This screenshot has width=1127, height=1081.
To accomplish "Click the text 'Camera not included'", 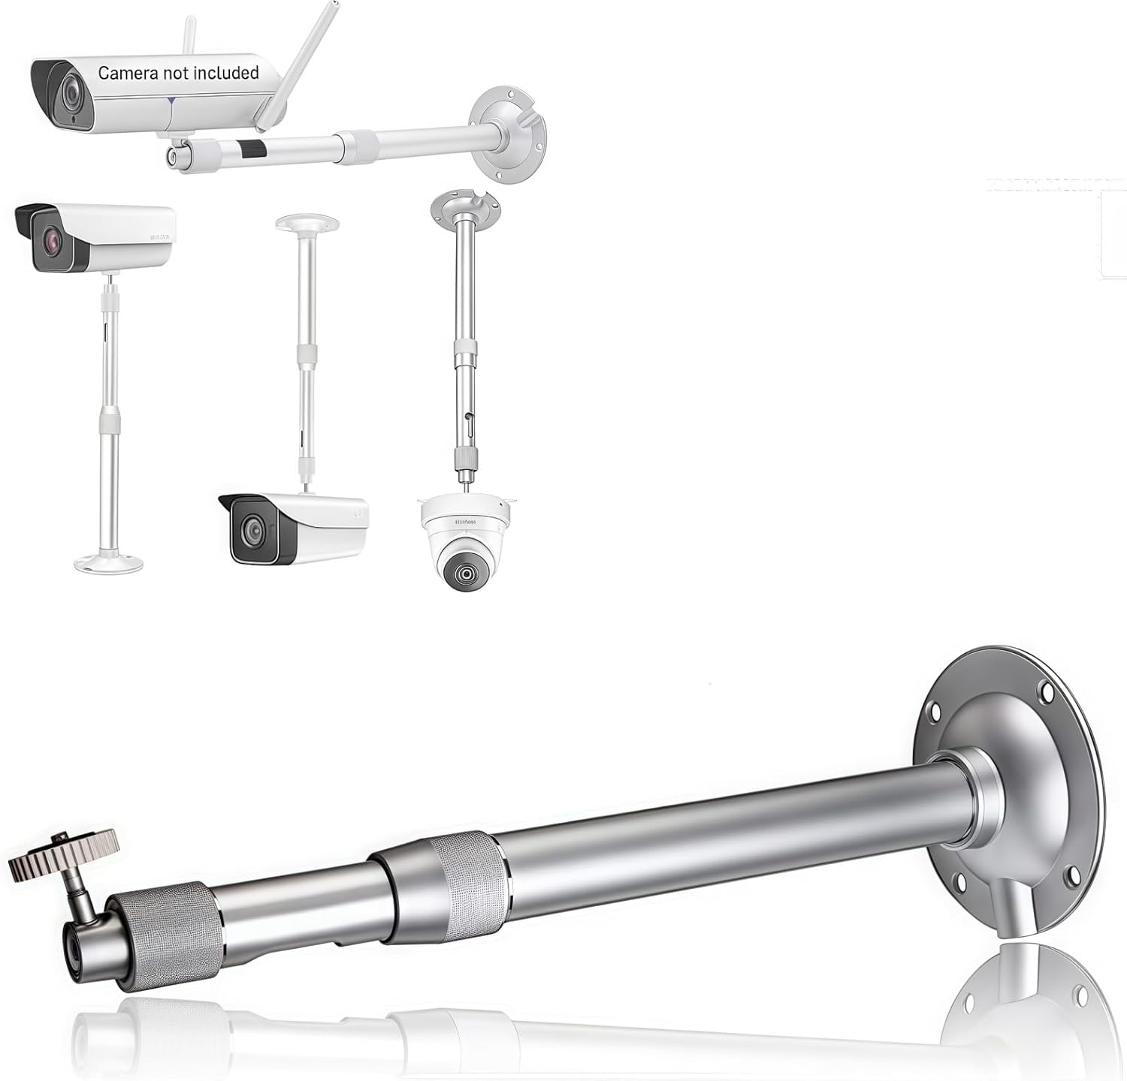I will point(178,73).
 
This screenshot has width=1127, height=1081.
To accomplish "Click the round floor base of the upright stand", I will point(108,563).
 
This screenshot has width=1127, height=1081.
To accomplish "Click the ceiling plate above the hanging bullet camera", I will point(307,223).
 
